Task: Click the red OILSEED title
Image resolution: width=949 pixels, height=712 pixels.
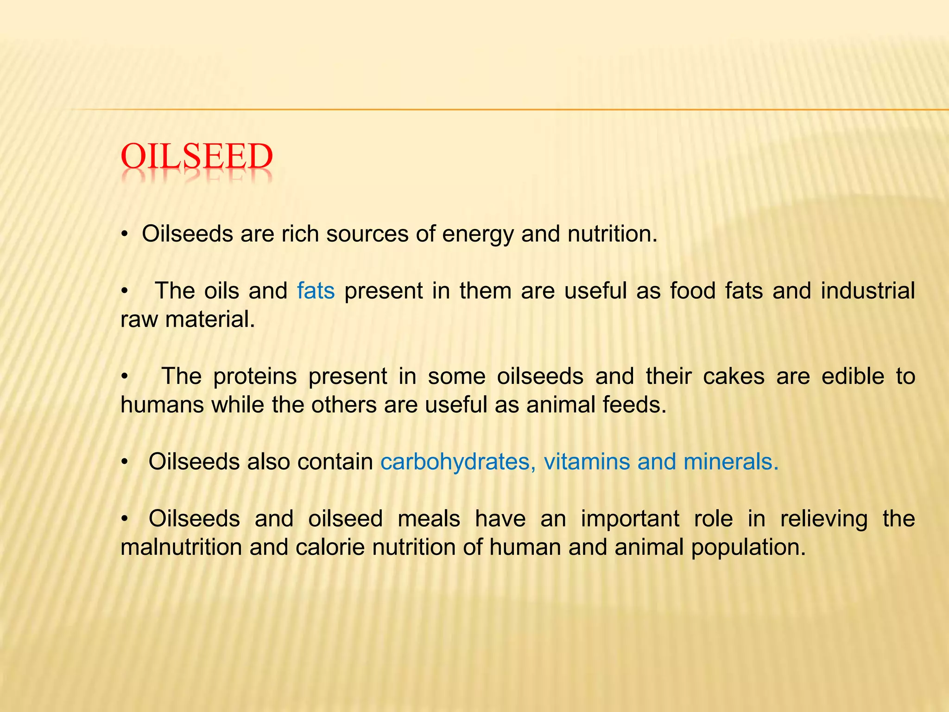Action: (196, 157)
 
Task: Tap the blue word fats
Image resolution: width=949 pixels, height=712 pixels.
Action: (316, 291)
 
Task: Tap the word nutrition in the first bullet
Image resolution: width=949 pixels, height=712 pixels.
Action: (612, 234)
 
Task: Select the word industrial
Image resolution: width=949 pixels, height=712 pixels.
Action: (868, 291)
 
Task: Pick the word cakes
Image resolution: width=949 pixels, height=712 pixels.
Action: (734, 376)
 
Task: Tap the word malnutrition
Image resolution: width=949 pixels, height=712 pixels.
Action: (181, 547)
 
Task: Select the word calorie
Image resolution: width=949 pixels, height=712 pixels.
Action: (329, 547)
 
